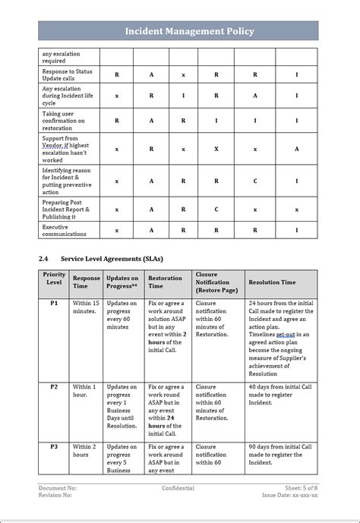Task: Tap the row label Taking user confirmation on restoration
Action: pyautogui.click(x=64, y=120)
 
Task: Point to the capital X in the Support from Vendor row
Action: pyautogui.click(x=216, y=150)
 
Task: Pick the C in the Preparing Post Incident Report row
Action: pyautogui.click(x=216, y=209)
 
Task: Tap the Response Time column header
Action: pyautogui.click(x=86, y=282)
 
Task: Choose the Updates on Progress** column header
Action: pyautogui.click(x=122, y=282)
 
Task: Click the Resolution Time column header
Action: pyautogui.click(x=272, y=282)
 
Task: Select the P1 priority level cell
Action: pyautogui.click(x=54, y=303)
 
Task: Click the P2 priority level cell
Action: pyautogui.click(x=54, y=386)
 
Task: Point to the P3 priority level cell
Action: pyautogui.click(x=54, y=447)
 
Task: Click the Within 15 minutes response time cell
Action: pyautogui.click(x=85, y=307)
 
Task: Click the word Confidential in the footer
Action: pyautogui.click(x=178, y=488)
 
